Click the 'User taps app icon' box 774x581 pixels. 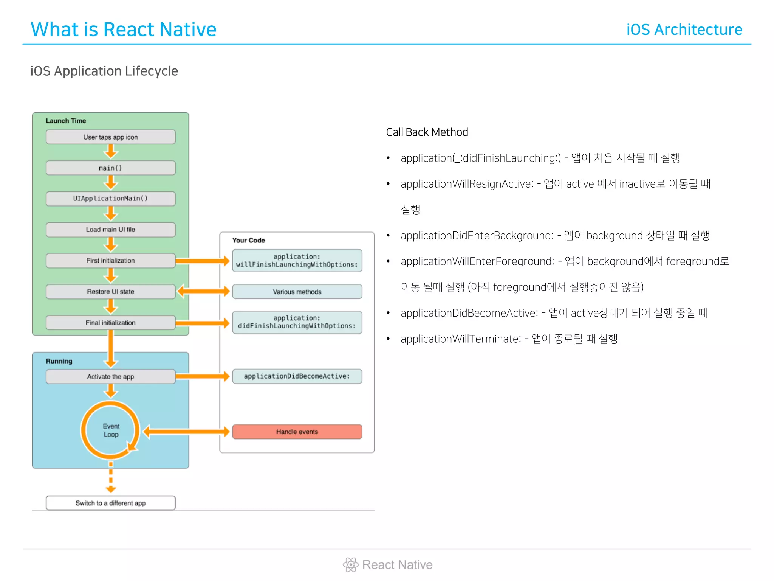pos(110,137)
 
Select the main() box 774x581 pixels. pos(110,168)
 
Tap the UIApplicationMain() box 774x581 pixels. pos(110,199)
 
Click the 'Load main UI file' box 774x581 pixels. pos(110,230)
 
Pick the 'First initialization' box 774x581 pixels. pos(110,261)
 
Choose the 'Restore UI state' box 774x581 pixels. pos(110,292)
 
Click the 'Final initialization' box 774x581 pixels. pos(110,323)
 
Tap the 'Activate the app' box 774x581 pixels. pos(110,377)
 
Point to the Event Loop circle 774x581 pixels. pos(111,430)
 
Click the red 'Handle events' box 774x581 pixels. pos(297,432)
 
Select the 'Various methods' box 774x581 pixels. pos(297,292)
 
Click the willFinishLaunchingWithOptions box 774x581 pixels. pos(297,261)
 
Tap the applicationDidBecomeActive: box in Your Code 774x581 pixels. pos(297,376)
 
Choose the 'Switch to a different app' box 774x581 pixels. pos(110,503)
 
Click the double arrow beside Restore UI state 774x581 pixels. pos(203,291)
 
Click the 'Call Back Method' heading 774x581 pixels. pos(427,132)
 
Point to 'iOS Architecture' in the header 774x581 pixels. pos(684,30)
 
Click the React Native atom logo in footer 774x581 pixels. pos(350,565)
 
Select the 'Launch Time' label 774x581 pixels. pos(66,121)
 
